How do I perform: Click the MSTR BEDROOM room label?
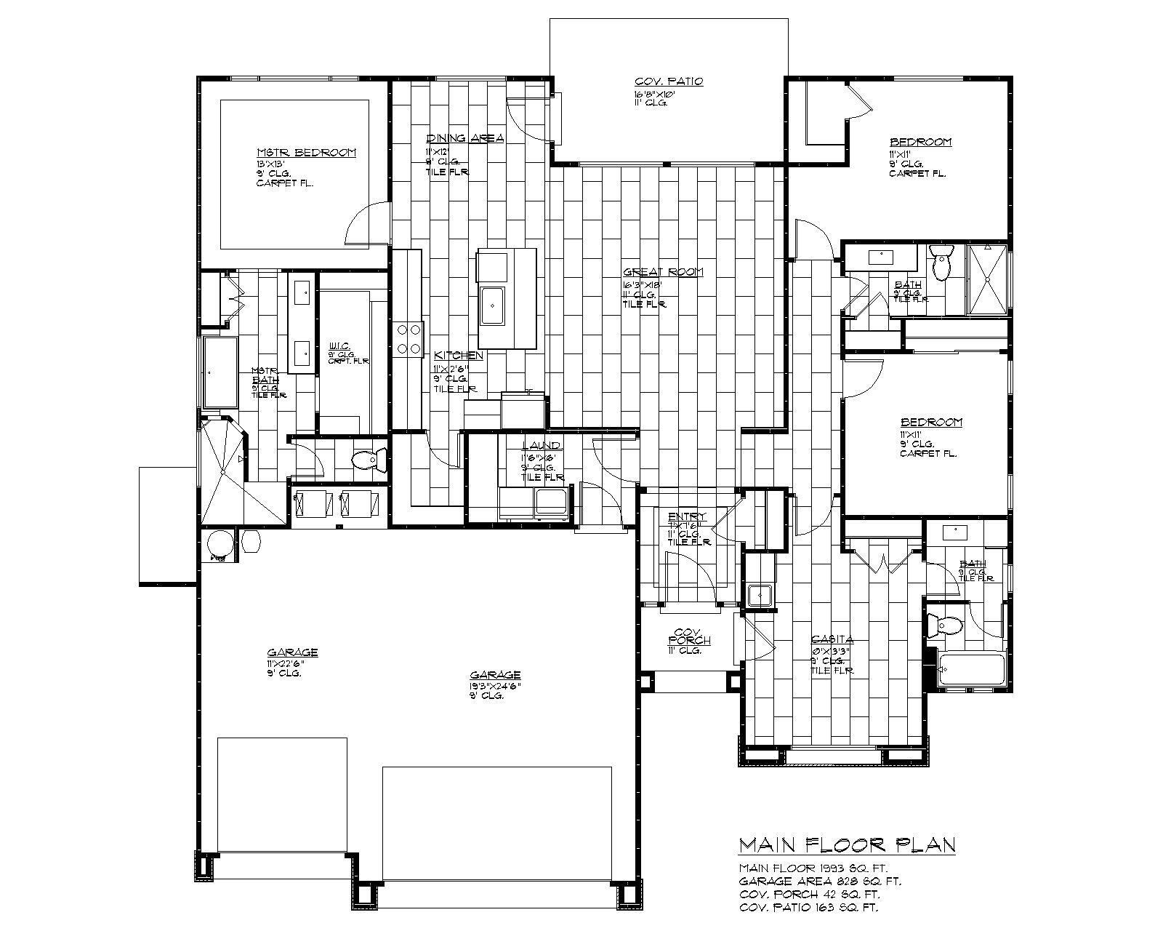coord(306,153)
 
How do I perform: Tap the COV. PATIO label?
coord(668,81)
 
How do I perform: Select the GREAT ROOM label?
coord(663,272)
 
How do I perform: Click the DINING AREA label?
coord(464,138)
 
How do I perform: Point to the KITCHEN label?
coord(458,356)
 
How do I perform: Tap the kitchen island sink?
coord(493,306)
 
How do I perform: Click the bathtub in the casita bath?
coord(971,669)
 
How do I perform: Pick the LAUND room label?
coord(542,446)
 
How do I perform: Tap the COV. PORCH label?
coord(688,636)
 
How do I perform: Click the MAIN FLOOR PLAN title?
coord(847,845)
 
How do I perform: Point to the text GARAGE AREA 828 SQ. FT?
coord(820,882)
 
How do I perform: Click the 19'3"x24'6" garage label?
coord(495,675)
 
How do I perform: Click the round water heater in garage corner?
coord(220,547)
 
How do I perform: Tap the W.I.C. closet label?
coord(340,345)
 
